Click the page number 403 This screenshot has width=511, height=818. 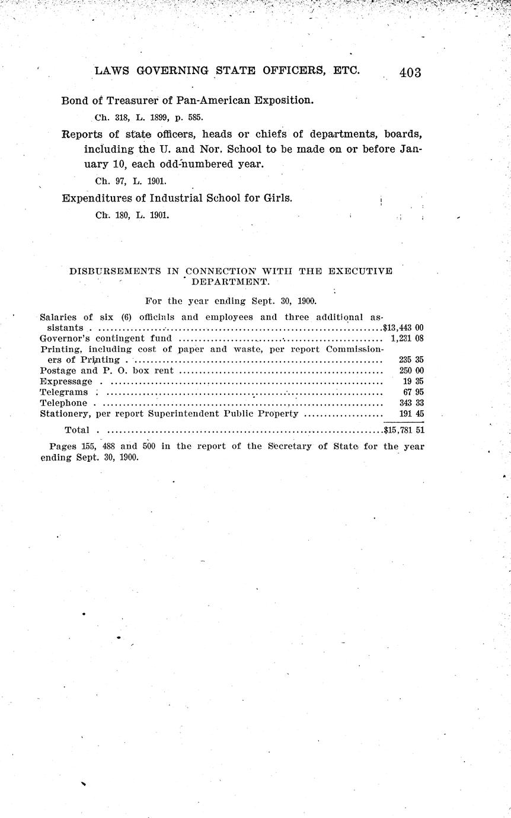tap(410, 72)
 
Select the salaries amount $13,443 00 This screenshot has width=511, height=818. tap(403, 327)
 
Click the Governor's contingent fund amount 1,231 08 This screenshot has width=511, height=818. tap(407, 338)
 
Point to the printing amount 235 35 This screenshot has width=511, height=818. tap(411, 359)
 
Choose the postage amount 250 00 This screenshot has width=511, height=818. tap(411, 370)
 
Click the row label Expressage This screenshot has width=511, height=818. tap(66, 381)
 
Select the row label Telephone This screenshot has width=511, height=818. tap(63, 403)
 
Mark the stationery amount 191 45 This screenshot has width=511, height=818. tap(411, 414)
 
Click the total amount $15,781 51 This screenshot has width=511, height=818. tap(404, 430)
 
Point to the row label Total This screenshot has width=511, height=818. tap(76, 430)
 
